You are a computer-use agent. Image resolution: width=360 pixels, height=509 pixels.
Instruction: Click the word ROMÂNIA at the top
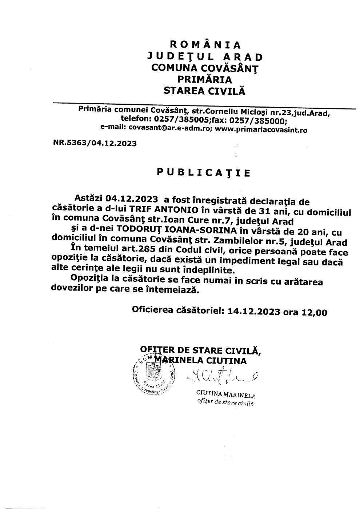205,45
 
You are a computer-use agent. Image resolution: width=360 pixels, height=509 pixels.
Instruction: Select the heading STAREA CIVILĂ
204,91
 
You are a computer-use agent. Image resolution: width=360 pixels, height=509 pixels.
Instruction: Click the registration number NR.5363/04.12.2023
95,143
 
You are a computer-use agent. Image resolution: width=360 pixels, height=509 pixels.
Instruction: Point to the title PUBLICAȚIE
204,172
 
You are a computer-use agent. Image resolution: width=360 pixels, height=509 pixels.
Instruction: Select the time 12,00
314,312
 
